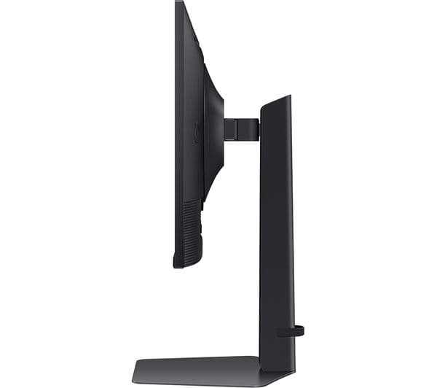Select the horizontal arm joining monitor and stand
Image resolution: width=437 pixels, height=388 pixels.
(x=241, y=129)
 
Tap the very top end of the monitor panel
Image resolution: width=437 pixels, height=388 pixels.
(x=178, y=3)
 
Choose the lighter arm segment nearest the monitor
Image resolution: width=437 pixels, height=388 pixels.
(x=230, y=129)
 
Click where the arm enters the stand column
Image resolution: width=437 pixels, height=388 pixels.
(x=260, y=129)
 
